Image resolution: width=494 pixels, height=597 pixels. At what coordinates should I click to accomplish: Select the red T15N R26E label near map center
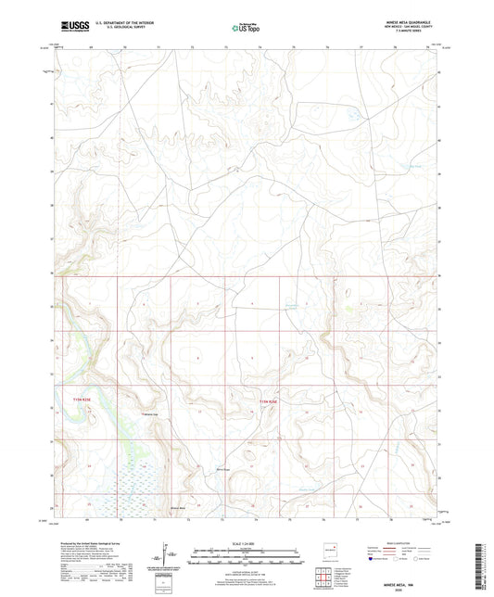(x=266, y=400)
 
